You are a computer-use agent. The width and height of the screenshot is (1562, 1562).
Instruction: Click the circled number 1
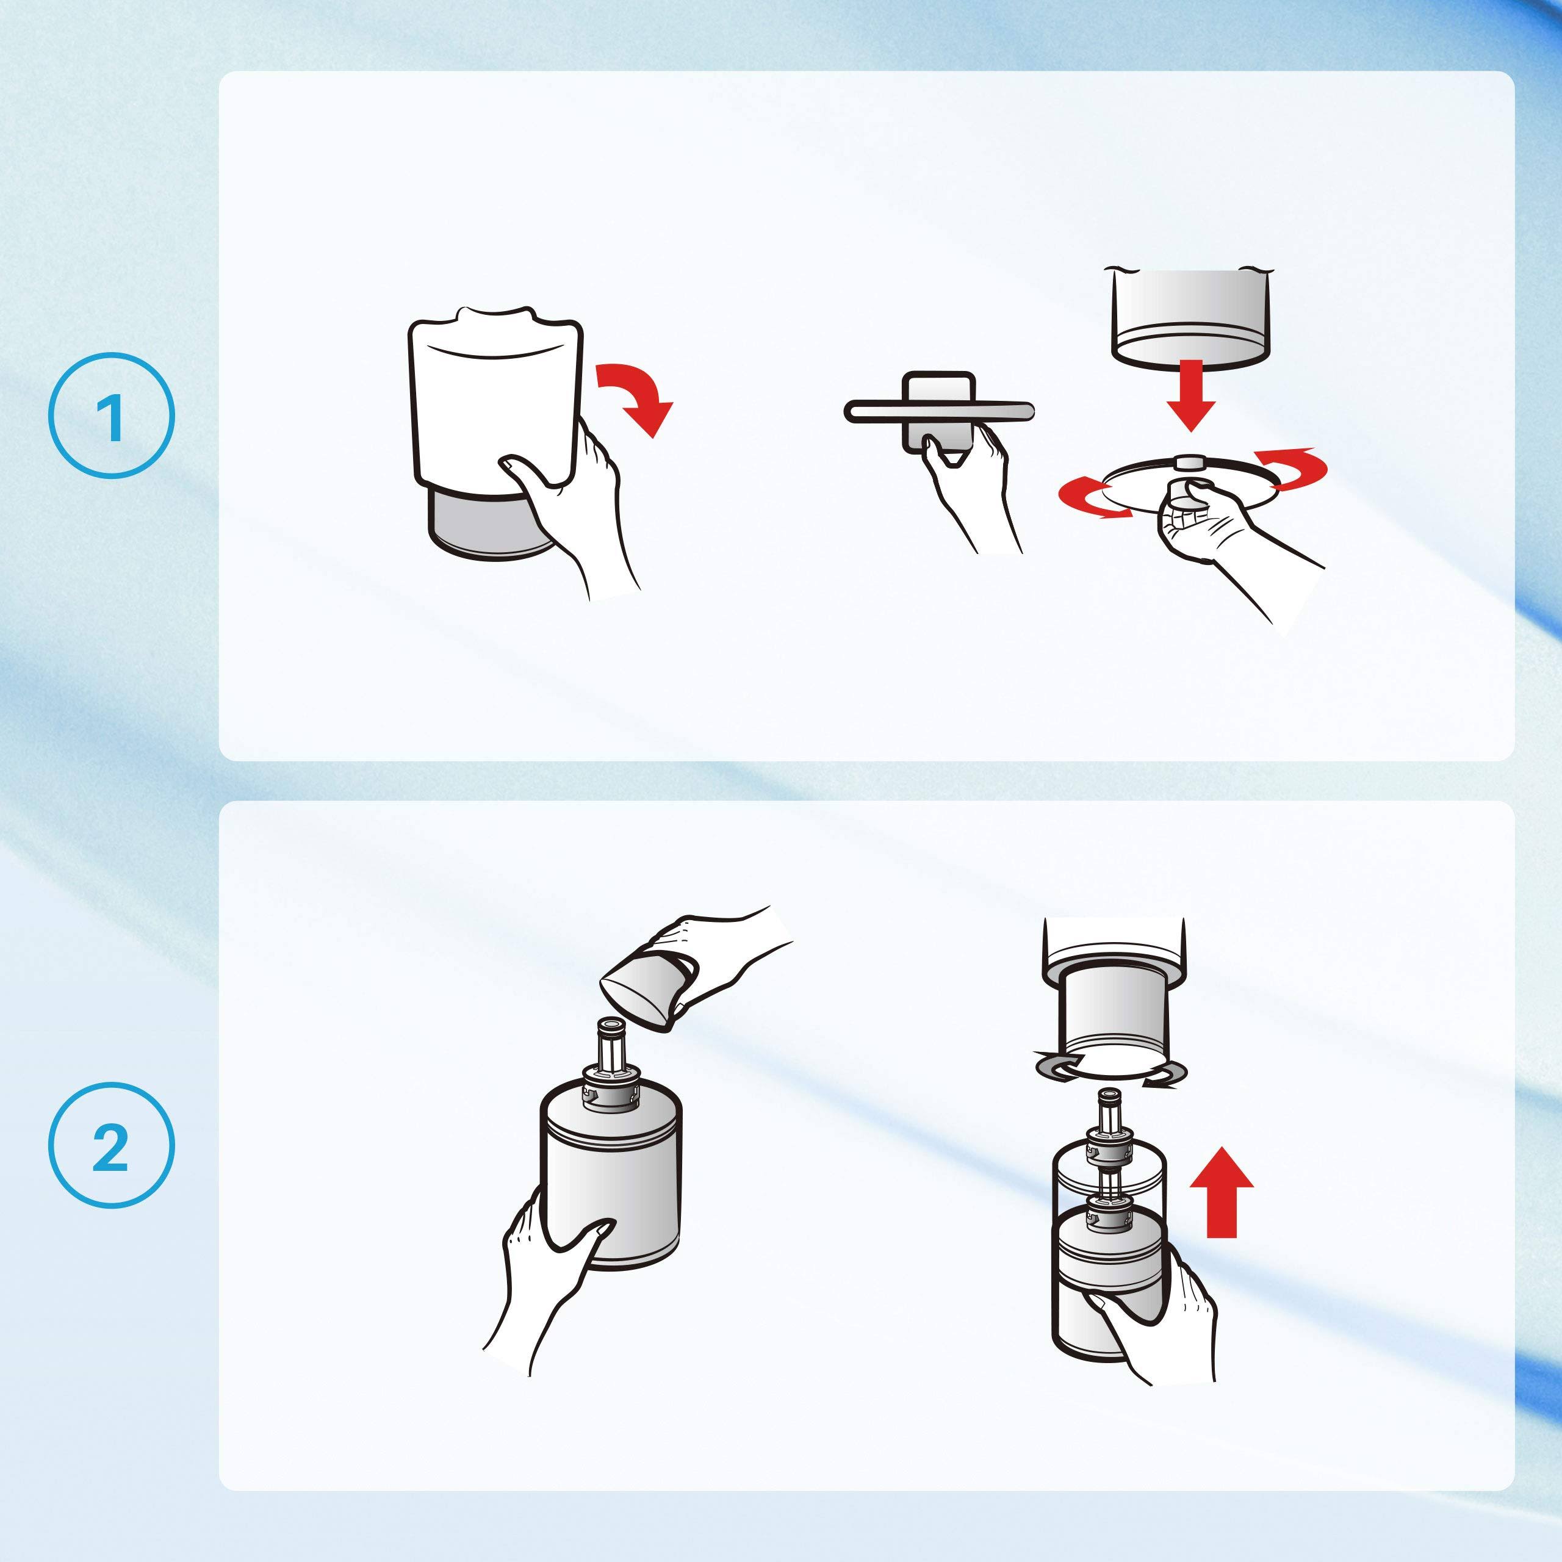[112, 416]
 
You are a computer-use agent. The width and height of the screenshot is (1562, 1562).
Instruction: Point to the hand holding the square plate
[970, 485]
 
